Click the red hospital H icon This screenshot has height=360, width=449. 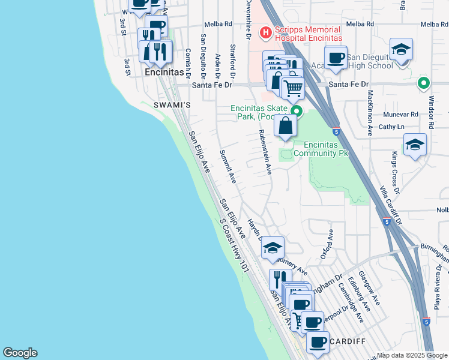(x=264, y=31)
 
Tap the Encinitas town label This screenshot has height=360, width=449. (x=164, y=71)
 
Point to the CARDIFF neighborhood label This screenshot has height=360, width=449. (x=348, y=341)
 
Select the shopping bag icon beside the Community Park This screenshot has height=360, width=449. (x=286, y=125)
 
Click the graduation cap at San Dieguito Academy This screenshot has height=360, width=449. (x=402, y=50)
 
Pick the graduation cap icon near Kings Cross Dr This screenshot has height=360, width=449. (x=415, y=146)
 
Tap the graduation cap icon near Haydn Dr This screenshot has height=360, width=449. (x=273, y=248)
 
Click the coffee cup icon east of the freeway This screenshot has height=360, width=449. (x=336, y=58)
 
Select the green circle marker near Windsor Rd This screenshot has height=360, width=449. (x=424, y=83)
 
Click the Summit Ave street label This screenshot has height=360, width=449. (x=228, y=166)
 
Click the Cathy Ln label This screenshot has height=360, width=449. (x=391, y=127)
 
